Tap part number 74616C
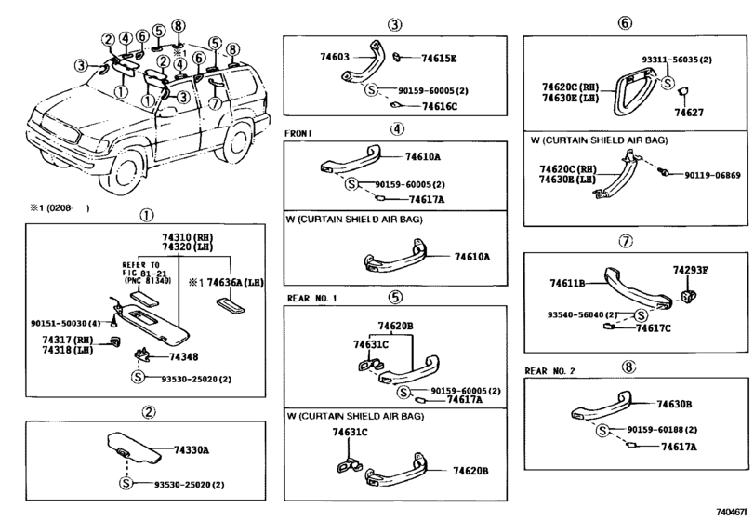pos(439,107)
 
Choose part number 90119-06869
pos(714,175)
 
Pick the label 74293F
pos(692,270)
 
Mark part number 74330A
pos(192,449)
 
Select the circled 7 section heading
pos(626,240)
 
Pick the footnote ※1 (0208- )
pos(58,209)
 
